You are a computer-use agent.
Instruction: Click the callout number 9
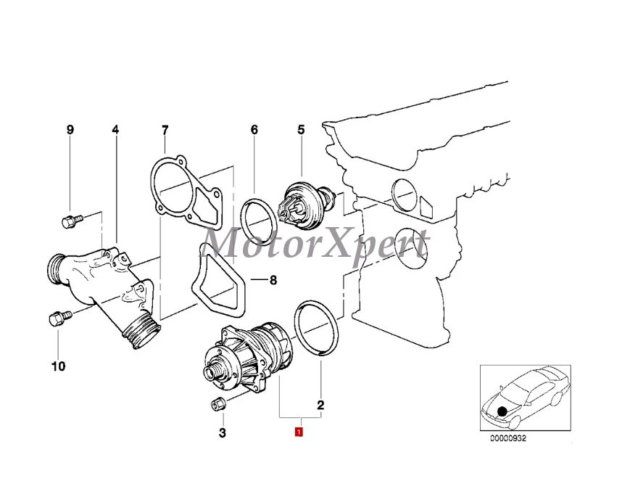pyautogui.click(x=70, y=131)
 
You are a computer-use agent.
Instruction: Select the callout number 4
pyautogui.click(x=115, y=131)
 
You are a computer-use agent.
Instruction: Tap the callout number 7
pyautogui.click(x=165, y=131)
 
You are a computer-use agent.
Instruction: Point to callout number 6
pyautogui.click(x=254, y=131)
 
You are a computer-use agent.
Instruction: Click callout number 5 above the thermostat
pyautogui.click(x=301, y=131)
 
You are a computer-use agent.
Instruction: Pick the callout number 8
pyautogui.click(x=273, y=280)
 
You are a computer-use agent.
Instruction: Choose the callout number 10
pyautogui.click(x=58, y=366)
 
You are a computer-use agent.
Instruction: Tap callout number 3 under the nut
pyautogui.click(x=223, y=434)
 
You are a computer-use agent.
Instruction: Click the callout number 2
pyautogui.click(x=320, y=405)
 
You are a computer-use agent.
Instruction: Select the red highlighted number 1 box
pyautogui.click(x=298, y=433)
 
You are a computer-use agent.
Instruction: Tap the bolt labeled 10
pyautogui.click(x=59, y=319)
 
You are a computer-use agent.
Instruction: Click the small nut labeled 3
pyautogui.click(x=219, y=404)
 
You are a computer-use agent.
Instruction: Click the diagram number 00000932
pyautogui.click(x=508, y=438)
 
